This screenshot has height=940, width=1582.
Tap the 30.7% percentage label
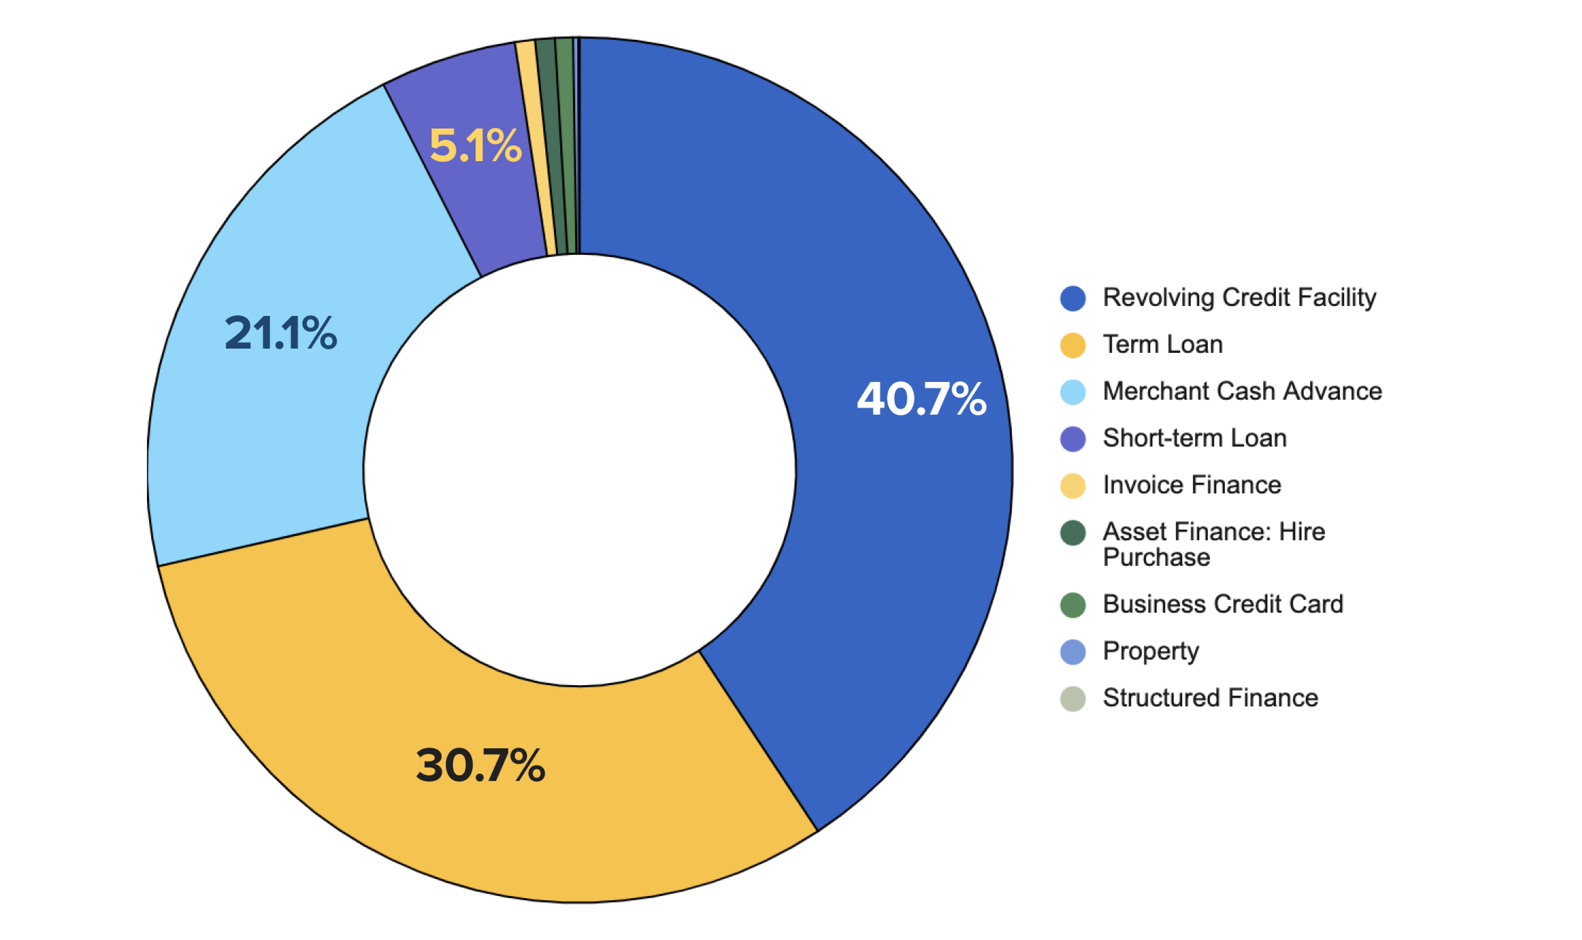click(x=480, y=765)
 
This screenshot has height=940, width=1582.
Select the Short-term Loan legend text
click(x=1194, y=438)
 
